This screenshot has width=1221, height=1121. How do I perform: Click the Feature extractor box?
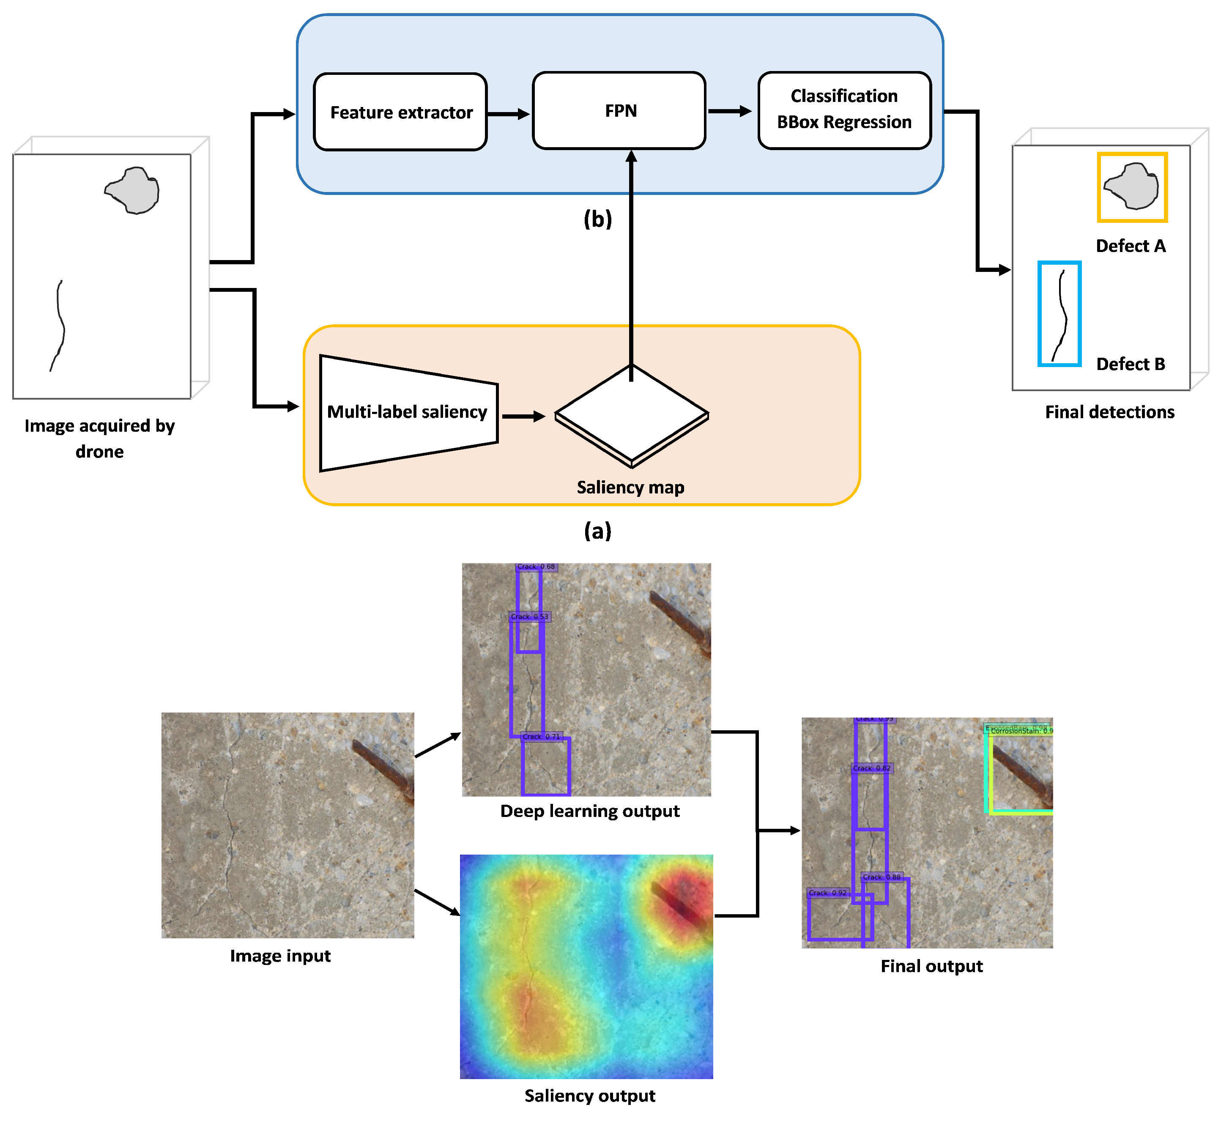click(x=400, y=112)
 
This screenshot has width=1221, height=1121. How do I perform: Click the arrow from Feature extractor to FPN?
click(x=508, y=114)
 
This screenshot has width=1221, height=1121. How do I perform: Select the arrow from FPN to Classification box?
click(x=730, y=111)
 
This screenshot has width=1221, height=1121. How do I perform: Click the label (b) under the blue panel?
click(x=597, y=219)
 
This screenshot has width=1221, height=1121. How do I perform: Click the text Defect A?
click(x=1131, y=246)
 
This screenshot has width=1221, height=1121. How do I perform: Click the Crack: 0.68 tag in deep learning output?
click(x=536, y=567)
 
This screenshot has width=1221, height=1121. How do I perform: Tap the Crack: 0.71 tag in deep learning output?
click(x=542, y=737)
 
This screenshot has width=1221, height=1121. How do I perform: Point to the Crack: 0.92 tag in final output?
click(x=827, y=893)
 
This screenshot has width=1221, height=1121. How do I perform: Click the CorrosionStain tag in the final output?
click(x=1021, y=731)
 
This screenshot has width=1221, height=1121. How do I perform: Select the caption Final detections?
click(x=1109, y=412)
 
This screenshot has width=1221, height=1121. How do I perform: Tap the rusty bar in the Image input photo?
click(x=382, y=767)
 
